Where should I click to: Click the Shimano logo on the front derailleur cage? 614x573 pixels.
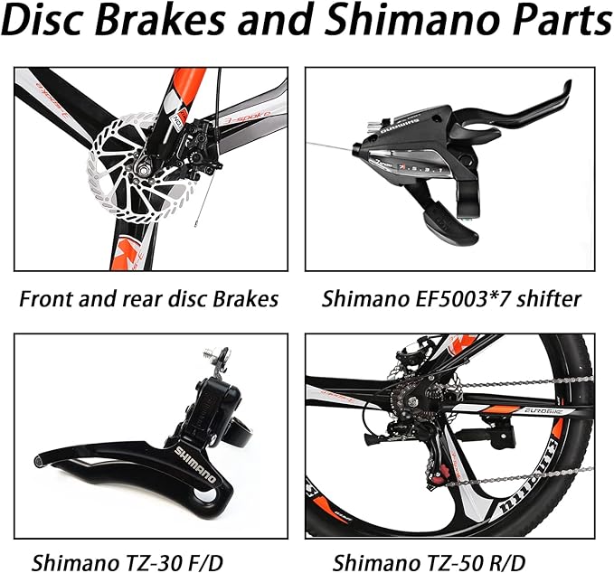[195, 465]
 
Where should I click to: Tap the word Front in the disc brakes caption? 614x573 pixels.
[46, 299]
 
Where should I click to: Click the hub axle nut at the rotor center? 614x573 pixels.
[142, 168]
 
